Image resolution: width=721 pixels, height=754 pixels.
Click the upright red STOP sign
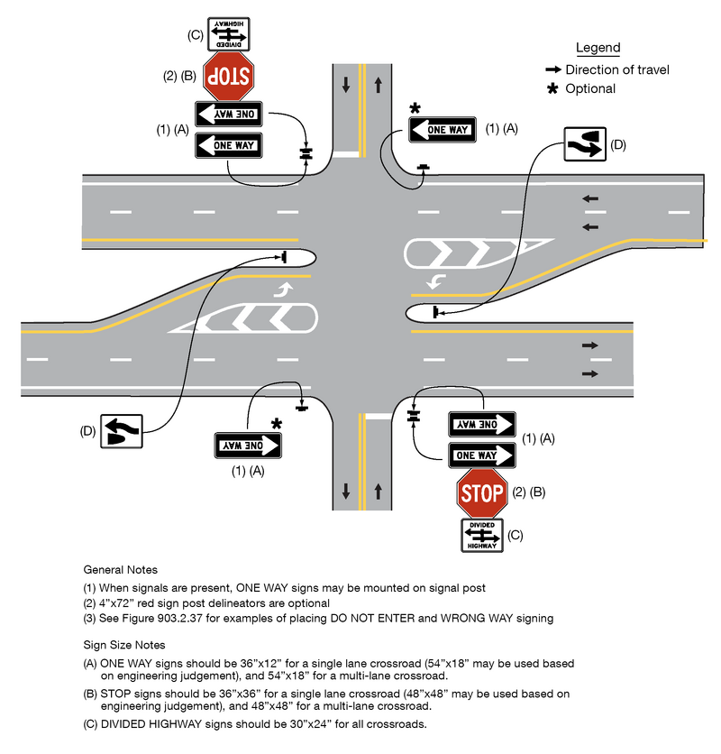(481, 493)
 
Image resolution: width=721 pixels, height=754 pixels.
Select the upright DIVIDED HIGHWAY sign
(481, 536)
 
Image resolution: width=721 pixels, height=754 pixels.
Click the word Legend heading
(598, 48)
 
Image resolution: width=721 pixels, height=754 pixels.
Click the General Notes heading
(121, 570)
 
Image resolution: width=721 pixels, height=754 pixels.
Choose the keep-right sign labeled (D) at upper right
(584, 144)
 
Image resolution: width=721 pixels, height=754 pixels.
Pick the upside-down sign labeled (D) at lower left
(121, 431)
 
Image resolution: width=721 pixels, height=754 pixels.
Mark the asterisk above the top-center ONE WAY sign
(415, 109)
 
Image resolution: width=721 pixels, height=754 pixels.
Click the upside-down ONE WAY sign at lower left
(248, 445)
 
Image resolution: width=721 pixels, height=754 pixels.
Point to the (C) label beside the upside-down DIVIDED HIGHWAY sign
(194, 35)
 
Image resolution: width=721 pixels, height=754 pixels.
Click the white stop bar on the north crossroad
(345, 154)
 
